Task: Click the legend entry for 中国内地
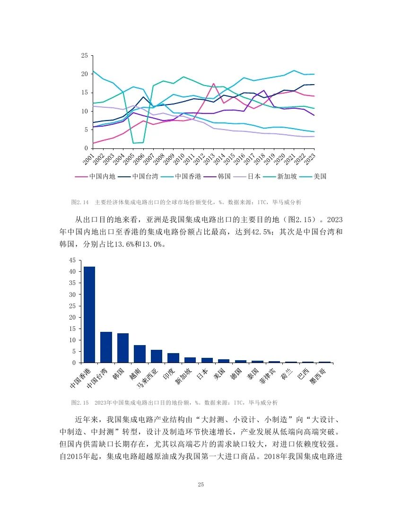pyautogui.click(x=95, y=176)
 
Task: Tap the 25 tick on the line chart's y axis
pyautogui.click(x=84, y=56)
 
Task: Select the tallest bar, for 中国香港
pyautogui.click(x=89, y=314)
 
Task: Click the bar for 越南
pyautogui.click(x=140, y=354)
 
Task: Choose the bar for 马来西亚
pyautogui.click(x=157, y=356)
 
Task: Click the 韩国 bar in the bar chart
pyautogui.click(x=123, y=347)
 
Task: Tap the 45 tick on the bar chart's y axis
pyautogui.click(x=72, y=260)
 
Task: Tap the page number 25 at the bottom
pyautogui.click(x=201, y=485)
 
